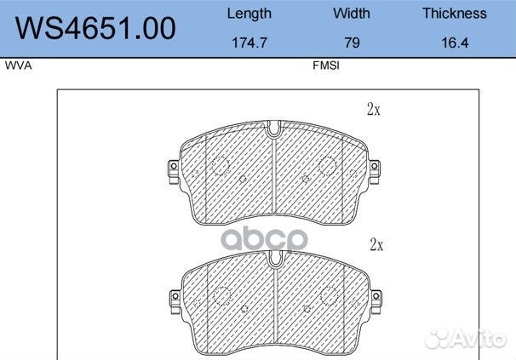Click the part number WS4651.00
pos(95,28)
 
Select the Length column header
pos(249,14)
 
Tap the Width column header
pos(352,14)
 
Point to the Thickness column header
pos(455,14)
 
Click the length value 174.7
pos(249,43)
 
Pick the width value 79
pos(352,43)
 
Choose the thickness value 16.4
pos(455,43)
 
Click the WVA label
pos(19,66)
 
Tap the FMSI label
pos(326,66)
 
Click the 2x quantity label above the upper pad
pos(374,109)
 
